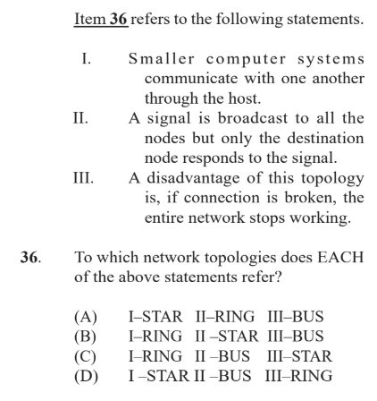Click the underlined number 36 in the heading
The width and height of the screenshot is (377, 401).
click(119, 19)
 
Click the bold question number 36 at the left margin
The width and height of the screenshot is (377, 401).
click(30, 257)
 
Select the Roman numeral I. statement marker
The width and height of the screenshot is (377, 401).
click(87, 59)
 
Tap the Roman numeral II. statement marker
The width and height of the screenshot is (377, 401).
click(80, 118)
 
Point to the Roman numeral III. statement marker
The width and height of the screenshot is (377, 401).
click(83, 178)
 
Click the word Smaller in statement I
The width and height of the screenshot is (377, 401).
click(162, 58)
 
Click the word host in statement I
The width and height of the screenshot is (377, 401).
click(245, 98)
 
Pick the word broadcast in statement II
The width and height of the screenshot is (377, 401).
click(253, 118)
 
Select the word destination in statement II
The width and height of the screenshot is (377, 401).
click(325, 138)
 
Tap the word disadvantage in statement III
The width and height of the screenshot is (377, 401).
click(193, 178)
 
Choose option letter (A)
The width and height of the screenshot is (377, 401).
click(86, 317)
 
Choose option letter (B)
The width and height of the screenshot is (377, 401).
click(86, 337)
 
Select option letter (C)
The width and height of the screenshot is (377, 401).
click(86, 356)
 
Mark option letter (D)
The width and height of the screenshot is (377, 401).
click(86, 376)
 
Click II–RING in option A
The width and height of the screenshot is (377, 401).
click(225, 317)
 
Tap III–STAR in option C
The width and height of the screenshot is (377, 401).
click(299, 356)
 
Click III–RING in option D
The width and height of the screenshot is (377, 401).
click(298, 376)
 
